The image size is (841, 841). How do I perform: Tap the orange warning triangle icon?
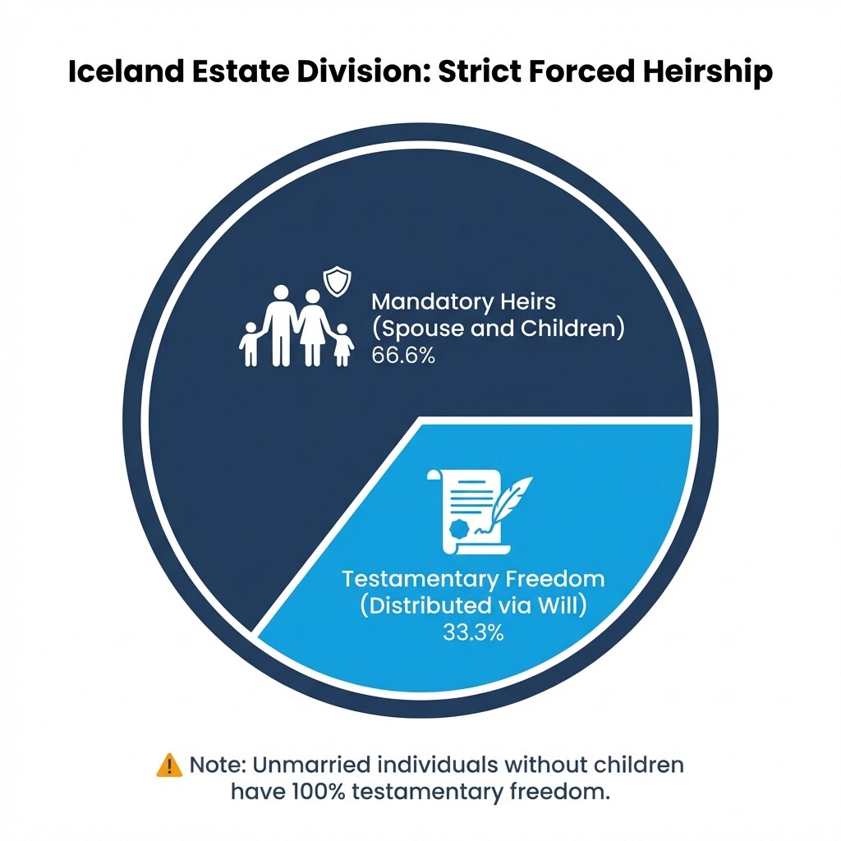click(x=169, y=765)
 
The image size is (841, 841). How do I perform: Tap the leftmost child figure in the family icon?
click(x=250, y=343)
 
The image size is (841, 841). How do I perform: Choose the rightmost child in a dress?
click(x=342, y=344)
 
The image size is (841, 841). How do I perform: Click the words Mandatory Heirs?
click(x=463, y=302)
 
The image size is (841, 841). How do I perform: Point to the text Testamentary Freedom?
click(x=473, y=578)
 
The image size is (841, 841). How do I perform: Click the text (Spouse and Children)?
click(x=499, y=329)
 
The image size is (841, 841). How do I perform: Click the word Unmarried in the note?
click(x=308, y=765)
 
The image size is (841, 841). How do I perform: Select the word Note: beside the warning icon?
click(x=217, y=765)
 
